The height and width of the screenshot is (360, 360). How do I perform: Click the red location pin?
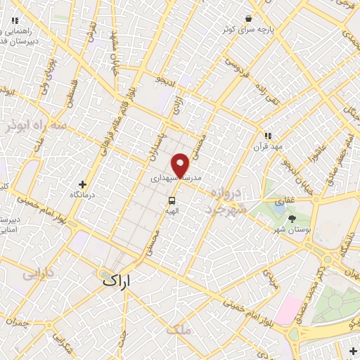tap(181, 165)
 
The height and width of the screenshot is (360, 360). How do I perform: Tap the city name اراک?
tap(116, 279)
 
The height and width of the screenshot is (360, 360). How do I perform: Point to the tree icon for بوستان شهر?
tap(292, 219)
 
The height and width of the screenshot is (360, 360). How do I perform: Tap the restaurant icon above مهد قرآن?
tap(267, 136)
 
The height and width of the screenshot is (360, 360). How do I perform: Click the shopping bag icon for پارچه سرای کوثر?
tap(247, 19)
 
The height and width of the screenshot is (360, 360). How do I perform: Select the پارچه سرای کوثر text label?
tap(246, 30)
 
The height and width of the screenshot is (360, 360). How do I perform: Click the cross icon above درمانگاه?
tap(83, 184)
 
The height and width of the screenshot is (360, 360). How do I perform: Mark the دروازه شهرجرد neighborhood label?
tap(225, 201)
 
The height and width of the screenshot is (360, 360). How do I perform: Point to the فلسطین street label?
tap(72, 92)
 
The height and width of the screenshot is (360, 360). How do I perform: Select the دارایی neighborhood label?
tap(39, 273)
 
